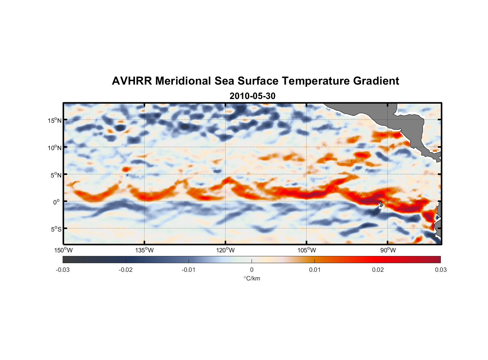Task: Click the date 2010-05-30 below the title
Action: (252, 96)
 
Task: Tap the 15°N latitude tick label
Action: (55, 120)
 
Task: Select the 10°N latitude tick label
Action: (55, 148)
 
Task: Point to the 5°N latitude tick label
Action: (56, 175)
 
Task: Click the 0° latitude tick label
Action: (57, 202)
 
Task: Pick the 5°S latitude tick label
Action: (56, 229)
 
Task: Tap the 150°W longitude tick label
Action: (64, 250)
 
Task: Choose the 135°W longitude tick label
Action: (145, 250)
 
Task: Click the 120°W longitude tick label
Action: (226, 250)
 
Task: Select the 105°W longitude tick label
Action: (307, 250)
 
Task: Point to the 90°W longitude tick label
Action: (388, 250)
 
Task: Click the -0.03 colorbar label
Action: (63, 270)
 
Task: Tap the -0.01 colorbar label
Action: (189, 270)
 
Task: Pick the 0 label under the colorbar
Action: (252, 270)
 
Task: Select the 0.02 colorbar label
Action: (378, 270)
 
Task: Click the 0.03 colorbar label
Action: (440, 270)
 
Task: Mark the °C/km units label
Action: (252, 278)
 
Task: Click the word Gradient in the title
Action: (376, 81)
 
